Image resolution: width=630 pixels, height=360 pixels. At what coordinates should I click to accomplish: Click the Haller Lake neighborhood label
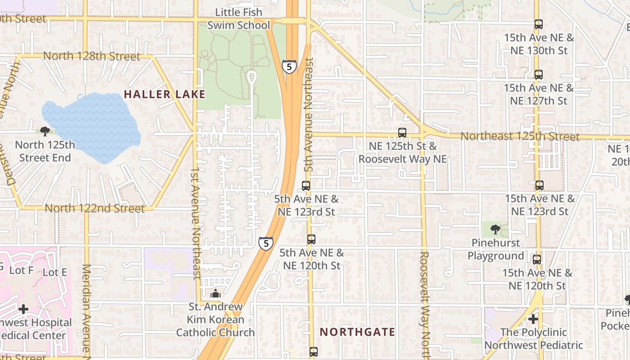164,94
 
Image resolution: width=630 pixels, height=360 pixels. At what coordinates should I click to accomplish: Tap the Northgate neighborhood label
357,332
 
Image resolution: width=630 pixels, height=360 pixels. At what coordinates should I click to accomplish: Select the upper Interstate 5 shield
289,67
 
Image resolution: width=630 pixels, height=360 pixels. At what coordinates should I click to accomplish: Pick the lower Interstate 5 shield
266,243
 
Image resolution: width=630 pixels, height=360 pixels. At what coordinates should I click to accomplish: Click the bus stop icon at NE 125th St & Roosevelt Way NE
402,133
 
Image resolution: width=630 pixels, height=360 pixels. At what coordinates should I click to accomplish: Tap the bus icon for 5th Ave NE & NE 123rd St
306,185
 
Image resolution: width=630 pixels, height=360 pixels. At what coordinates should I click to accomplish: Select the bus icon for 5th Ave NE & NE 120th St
311,239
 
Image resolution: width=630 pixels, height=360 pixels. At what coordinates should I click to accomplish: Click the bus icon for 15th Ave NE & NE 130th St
539,24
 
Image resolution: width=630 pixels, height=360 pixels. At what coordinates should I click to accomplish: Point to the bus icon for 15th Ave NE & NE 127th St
539,75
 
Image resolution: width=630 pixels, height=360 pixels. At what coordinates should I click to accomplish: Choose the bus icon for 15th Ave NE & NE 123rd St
540,185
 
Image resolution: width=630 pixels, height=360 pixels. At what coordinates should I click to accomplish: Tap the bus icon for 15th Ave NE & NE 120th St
537,260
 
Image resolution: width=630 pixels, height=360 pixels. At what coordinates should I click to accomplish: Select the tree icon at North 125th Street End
45,131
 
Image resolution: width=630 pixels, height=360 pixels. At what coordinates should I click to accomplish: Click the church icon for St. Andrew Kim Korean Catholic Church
216,294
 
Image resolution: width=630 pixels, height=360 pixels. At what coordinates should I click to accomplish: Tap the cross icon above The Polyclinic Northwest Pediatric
533,319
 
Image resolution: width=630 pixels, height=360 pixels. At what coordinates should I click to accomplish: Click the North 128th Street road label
92,57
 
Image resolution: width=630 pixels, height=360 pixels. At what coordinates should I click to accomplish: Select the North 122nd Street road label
94,208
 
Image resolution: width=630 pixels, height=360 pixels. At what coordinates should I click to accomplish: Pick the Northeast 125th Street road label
520,136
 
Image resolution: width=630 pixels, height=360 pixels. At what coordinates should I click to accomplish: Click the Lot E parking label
54,272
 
